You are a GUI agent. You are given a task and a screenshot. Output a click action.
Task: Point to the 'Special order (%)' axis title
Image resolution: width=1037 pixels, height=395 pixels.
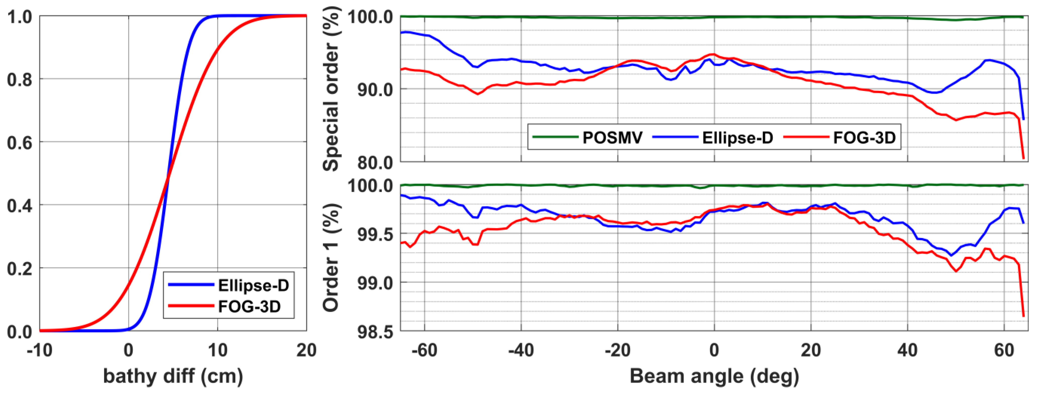pos(331,90)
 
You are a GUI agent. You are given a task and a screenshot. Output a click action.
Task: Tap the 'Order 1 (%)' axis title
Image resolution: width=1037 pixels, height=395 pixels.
pos(331,258)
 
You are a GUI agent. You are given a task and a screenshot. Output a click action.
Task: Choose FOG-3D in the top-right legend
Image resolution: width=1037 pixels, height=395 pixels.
pos(864,138)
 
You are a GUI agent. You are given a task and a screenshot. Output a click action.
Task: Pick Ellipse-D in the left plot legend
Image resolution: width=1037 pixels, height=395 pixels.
pos(253,285)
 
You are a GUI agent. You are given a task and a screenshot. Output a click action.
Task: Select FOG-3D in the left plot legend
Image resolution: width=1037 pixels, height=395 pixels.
pos(249,307)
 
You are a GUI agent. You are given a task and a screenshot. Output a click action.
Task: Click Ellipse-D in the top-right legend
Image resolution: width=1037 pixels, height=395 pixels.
pos(738,138)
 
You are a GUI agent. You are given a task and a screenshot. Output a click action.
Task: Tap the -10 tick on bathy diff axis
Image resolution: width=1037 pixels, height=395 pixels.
pos(39,350)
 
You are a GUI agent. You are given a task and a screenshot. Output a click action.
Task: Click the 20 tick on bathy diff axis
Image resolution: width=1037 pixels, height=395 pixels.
pos(306,350)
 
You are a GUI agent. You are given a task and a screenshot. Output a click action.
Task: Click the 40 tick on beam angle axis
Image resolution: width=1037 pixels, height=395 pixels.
pos(907,350)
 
